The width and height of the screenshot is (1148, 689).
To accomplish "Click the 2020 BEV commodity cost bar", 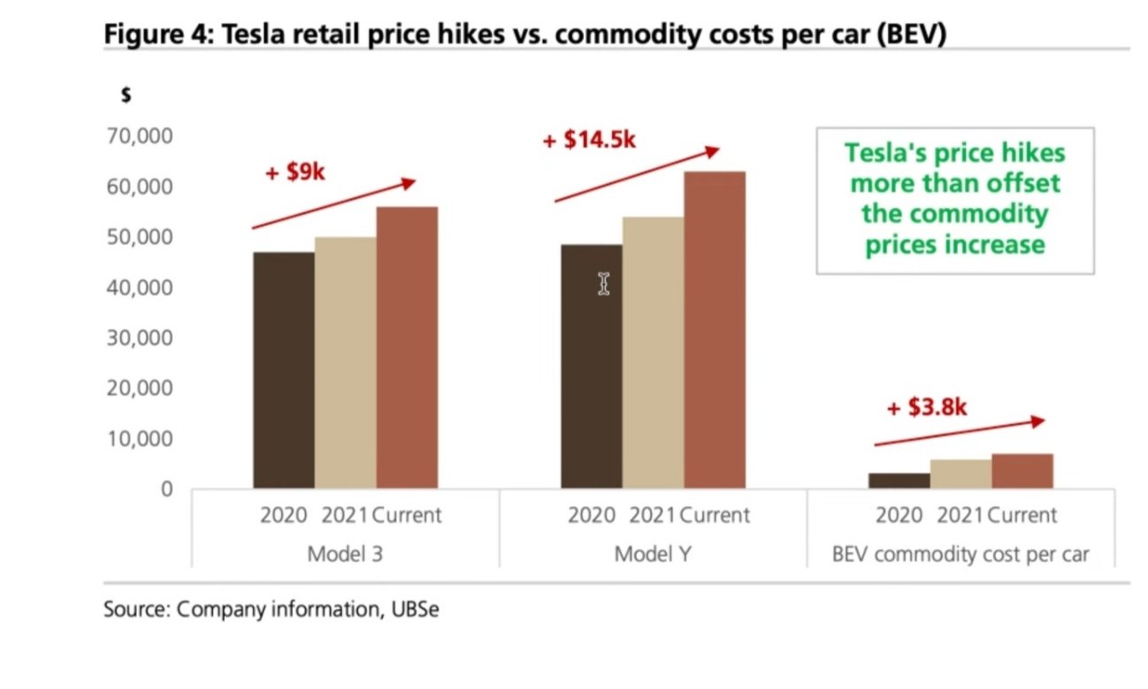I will tap(899, 480).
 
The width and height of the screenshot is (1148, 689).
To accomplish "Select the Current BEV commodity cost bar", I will tap(1022, 471).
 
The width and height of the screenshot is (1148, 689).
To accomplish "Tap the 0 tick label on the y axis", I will tap(166, 489).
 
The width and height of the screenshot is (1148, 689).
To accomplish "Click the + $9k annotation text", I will tap(295, 172).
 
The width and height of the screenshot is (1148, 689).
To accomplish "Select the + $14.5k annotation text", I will tap(589, 140).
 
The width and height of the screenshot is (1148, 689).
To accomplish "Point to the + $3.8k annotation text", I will tap(927, 408).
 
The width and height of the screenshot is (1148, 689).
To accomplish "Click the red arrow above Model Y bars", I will tap(637, 175).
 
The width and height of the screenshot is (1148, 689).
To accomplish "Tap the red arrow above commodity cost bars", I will tap(960, 433).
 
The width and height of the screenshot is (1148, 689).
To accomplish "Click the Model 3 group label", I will tap(345, 555).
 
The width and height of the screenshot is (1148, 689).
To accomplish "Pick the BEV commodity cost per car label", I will tap(960, 555).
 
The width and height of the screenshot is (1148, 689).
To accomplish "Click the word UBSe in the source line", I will tap(414, 610).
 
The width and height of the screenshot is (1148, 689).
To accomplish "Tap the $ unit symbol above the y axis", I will tap(126, 97).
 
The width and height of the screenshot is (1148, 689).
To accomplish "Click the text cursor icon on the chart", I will tap(603, 284).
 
